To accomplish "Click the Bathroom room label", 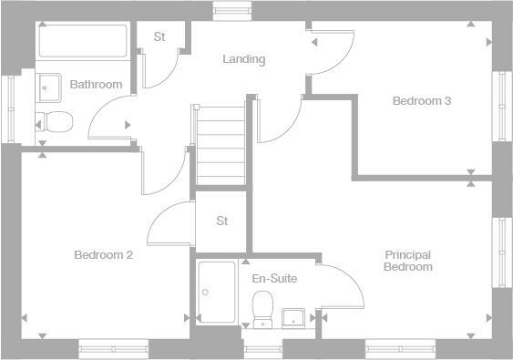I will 96,85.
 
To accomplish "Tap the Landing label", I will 244,59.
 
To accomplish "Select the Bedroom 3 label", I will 422,101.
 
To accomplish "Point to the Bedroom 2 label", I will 104,255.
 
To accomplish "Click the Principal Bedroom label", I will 407,261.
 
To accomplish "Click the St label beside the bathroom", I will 159,37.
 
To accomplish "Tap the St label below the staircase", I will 222,221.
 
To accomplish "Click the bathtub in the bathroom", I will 83,41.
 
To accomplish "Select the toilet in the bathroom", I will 56,120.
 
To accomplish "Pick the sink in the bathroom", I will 48,87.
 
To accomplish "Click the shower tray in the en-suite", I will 216,292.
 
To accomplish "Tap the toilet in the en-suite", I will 263,307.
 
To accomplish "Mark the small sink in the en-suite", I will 293,316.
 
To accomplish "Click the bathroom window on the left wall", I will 12,108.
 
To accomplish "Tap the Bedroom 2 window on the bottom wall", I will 113,346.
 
